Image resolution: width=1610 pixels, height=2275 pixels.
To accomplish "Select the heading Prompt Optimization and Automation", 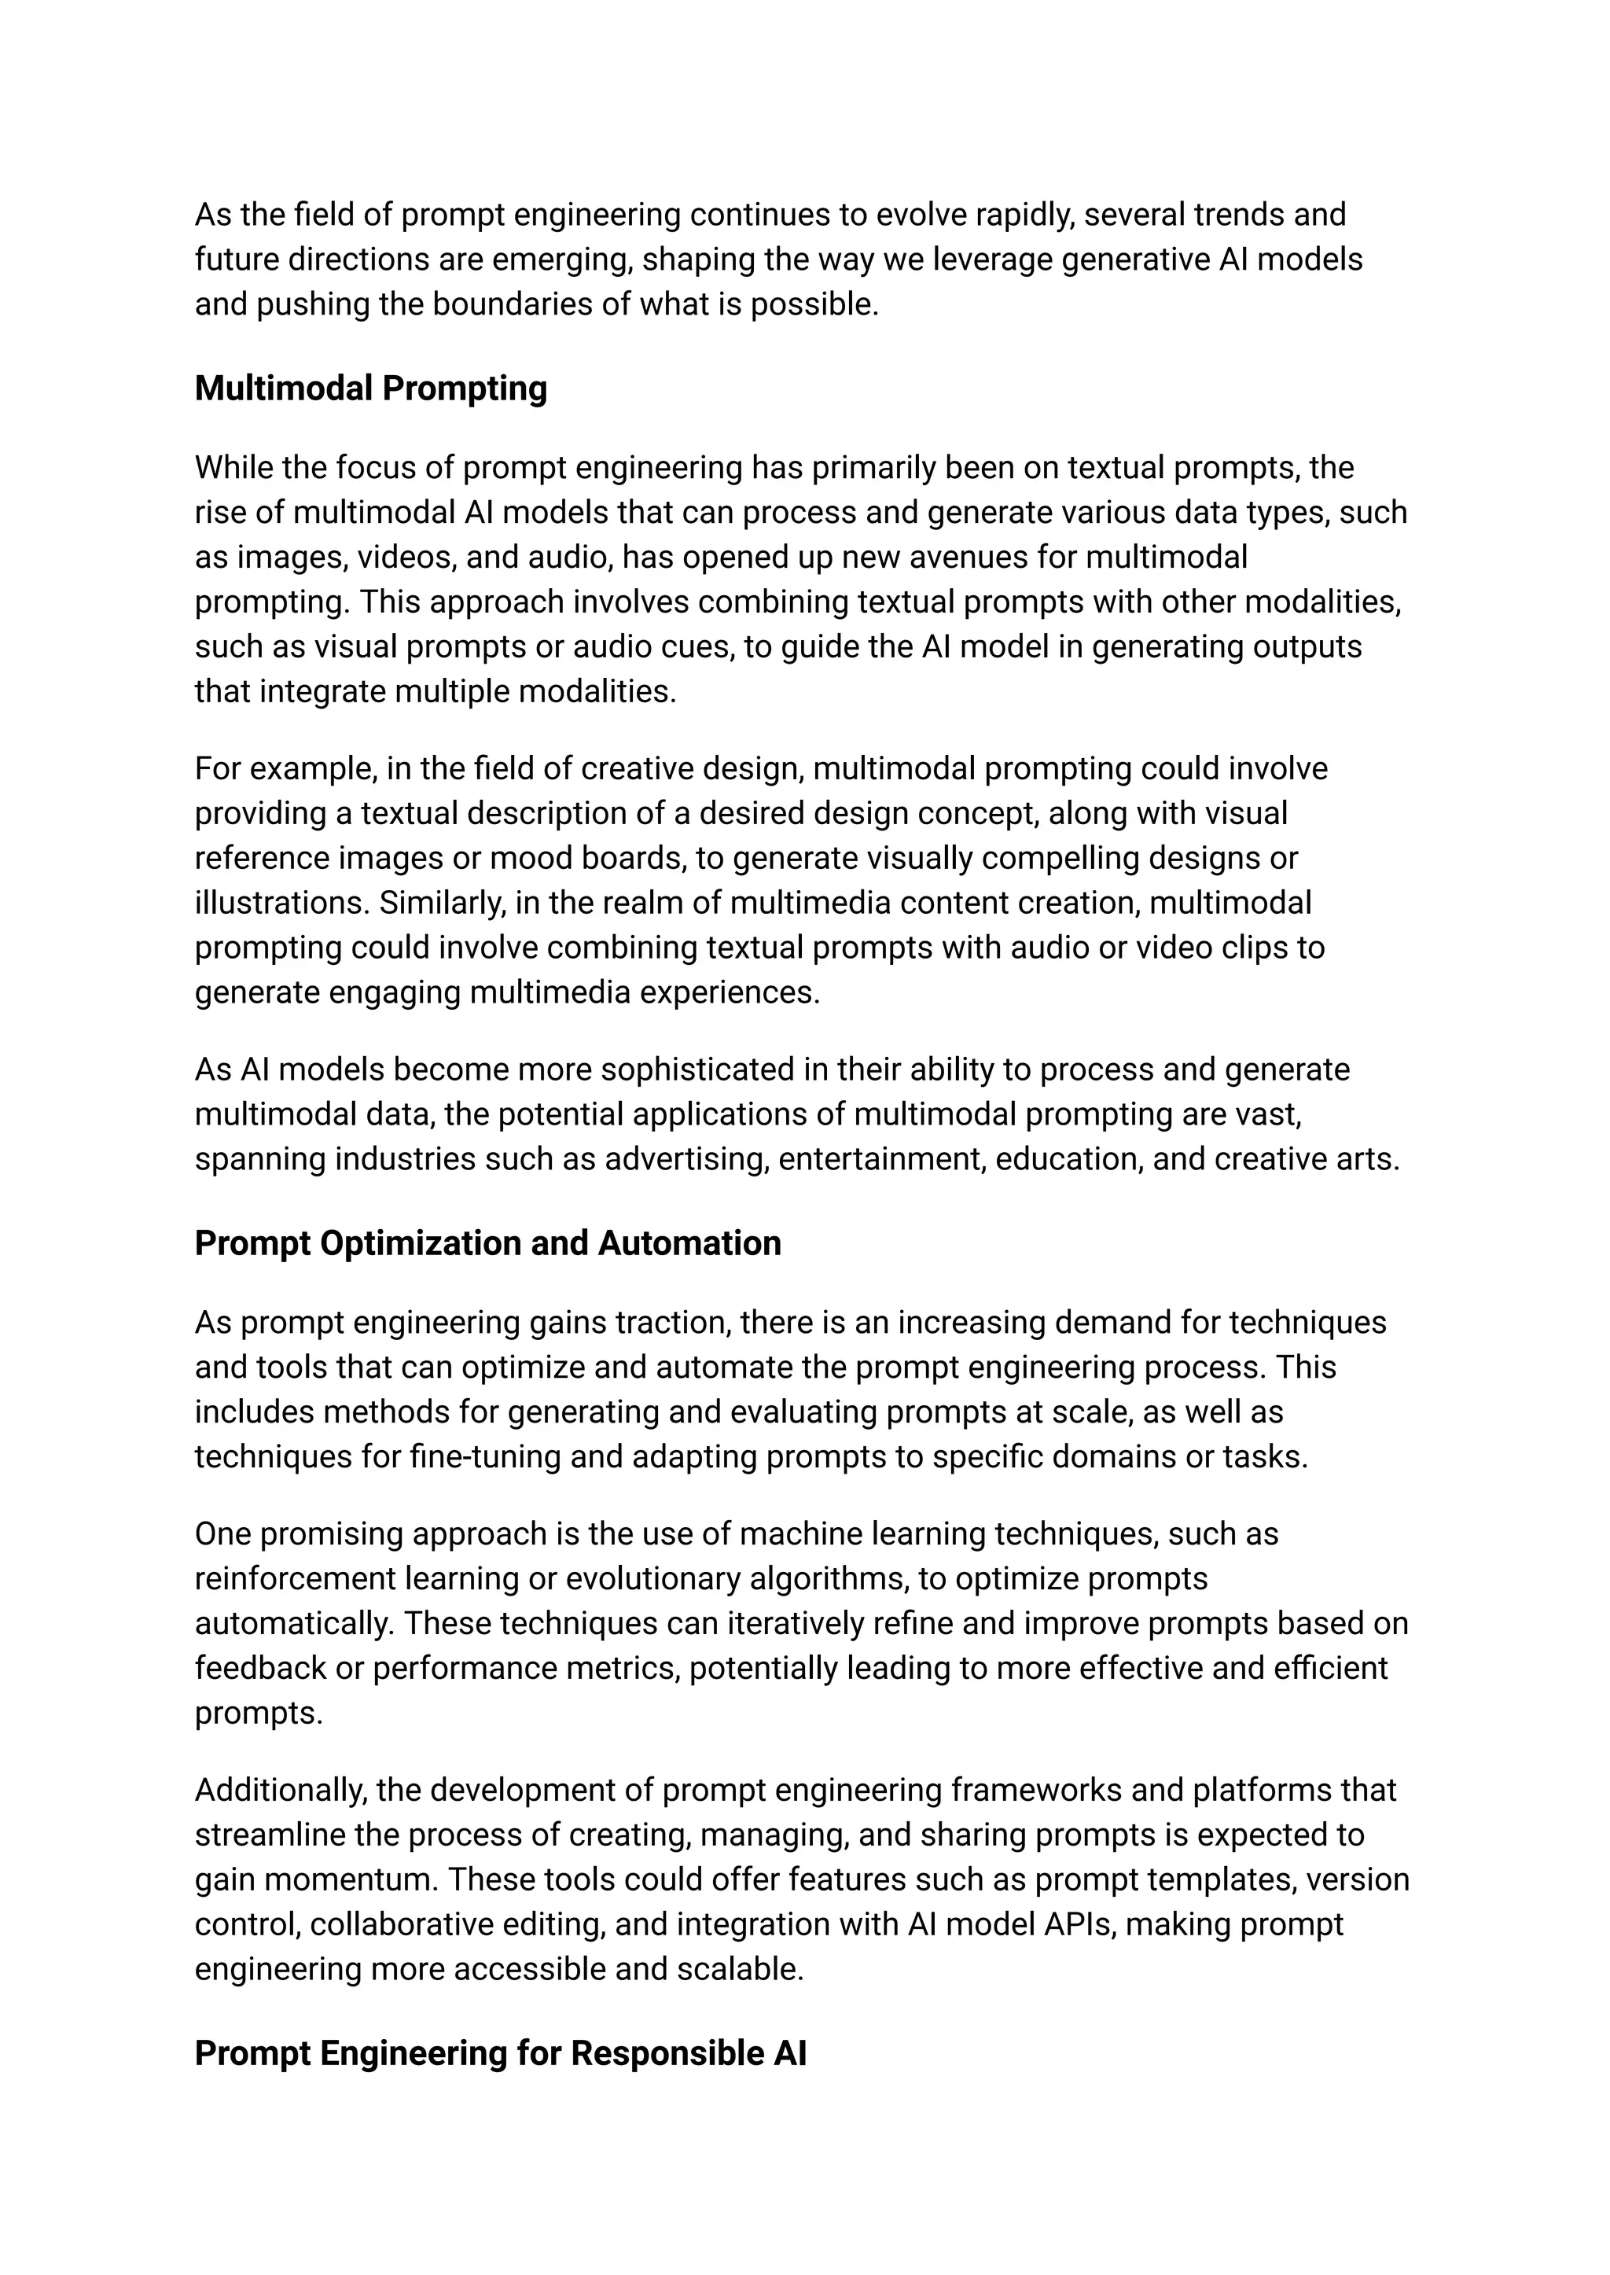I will (x=487, y=1243).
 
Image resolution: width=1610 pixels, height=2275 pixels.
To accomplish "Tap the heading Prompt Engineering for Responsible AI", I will (x=500, y=2053).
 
